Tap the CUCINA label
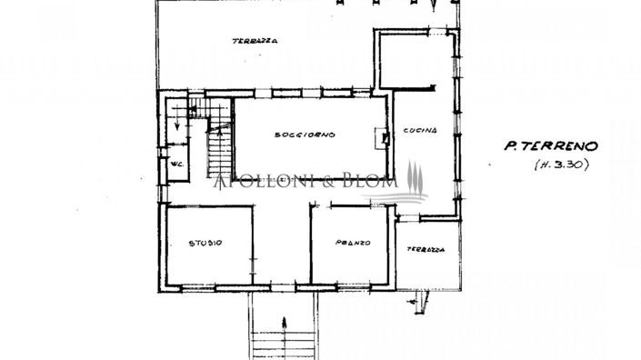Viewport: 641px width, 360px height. coord(421,130)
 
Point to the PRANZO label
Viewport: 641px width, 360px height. coord(352,243)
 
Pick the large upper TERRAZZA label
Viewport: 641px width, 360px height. coord(254,41)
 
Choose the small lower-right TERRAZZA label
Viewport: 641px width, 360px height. coord(426,248)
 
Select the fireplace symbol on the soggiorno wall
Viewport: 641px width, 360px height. coord(384,137)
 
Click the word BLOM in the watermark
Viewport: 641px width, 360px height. coord(374,182)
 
